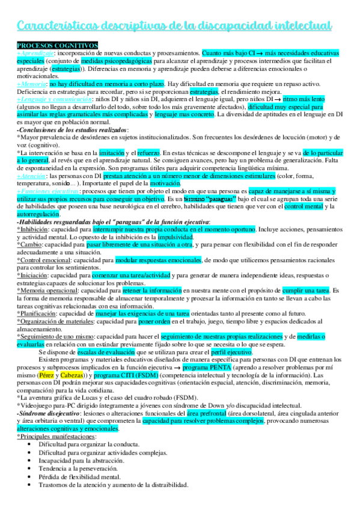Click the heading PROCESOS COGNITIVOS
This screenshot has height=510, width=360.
57,46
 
